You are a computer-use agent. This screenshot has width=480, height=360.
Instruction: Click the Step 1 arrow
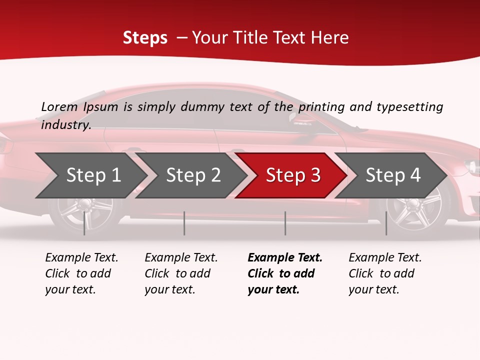[x=92, y=175]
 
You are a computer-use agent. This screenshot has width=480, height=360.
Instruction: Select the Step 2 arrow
[x=193, y=175]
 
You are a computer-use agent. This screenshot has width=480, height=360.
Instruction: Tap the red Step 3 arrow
[x=293, y=175]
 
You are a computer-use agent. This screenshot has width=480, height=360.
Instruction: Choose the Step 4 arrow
[x=393, y=175]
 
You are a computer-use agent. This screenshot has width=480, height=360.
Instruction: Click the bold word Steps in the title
[x=145, y=38]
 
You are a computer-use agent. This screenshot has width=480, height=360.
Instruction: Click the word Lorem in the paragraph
[x=59, y=106]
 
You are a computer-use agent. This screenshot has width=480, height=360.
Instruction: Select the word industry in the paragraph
[x=66, y=124]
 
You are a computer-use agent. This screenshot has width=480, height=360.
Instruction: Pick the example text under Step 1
[x=81, y=273]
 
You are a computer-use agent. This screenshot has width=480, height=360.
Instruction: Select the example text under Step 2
[x=181, y=273]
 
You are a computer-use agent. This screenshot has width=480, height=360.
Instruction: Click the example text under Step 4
[x=385, y=273]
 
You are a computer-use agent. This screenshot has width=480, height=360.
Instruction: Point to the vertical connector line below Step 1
[x=84, y=223]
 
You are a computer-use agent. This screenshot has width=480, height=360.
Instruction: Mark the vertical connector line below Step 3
[x=285, y=223]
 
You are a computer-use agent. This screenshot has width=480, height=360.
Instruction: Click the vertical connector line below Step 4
[x=386, y=223]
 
